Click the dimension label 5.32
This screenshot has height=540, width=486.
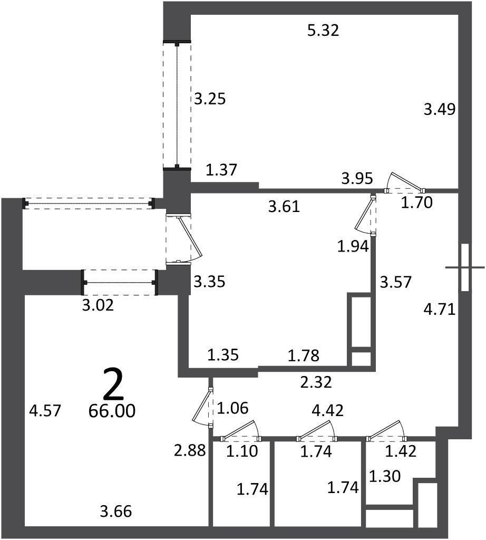pyautogui.click(x=323, y=30)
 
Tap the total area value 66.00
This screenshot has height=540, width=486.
pyautogui.click(x=112, y=410)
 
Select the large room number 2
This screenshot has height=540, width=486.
pyautogui.click(x=113, y=383)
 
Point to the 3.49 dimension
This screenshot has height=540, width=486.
pyautogui.click(x=440, y=110)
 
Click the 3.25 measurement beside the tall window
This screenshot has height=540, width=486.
pyautogui.click(x=210, y=99)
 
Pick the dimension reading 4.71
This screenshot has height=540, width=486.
pyautogui.click(x=440, y=309)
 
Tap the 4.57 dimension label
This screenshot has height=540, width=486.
pyautogui.click(x=45, y=410)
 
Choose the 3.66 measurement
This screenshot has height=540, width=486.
pyautogui.click(x=116, y=511)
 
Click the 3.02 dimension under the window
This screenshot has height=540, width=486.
pyautogui.click(x=98, y=305)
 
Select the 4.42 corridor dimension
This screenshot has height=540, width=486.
pyautogui.click(x=327, y=410)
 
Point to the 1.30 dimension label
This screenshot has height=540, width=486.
pyautogui.click(x=385, y=477)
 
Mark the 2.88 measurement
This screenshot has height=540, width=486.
pyautogui.click(x=190, y=450)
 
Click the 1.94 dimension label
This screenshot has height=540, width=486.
pyautogui.click(x=353, y=247)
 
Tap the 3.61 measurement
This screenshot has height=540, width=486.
pyautogui.click(x=284, y=207)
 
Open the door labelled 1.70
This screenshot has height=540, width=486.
pyautogui.click(x=404, y=183)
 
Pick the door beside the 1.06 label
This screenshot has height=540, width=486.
pyautogui.click(x=203, y=408)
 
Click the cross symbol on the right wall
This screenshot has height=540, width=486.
pyautogui.click(x=465, y=267)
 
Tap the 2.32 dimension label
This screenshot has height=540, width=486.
pyautogui.click(x=316, y=382)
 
